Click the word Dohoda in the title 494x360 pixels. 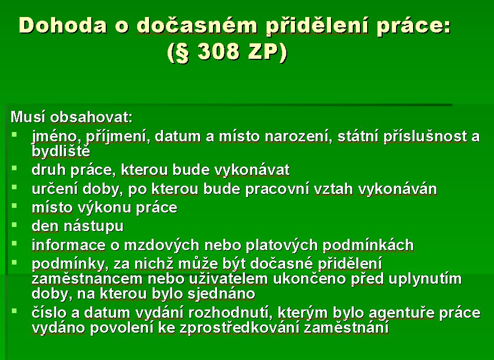[x=63, y=25]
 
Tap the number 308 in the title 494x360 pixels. [x=218, y=51]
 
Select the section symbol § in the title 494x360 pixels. [x=182, y=52]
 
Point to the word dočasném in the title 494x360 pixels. [x=197, y=25]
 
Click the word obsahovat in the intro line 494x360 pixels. [x=91, y=117]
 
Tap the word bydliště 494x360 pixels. [x=61, y=152]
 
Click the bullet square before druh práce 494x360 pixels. [x=14, y=168]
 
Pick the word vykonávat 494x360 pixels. [x=252, y=170]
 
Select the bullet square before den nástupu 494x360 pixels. [x=14, y=225]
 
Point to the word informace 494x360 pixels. [x=69, y=246]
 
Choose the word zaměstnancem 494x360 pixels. [x=87, y=279]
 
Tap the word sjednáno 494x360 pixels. [x=221, y=294]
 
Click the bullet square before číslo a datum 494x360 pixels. [x=14, y=311]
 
